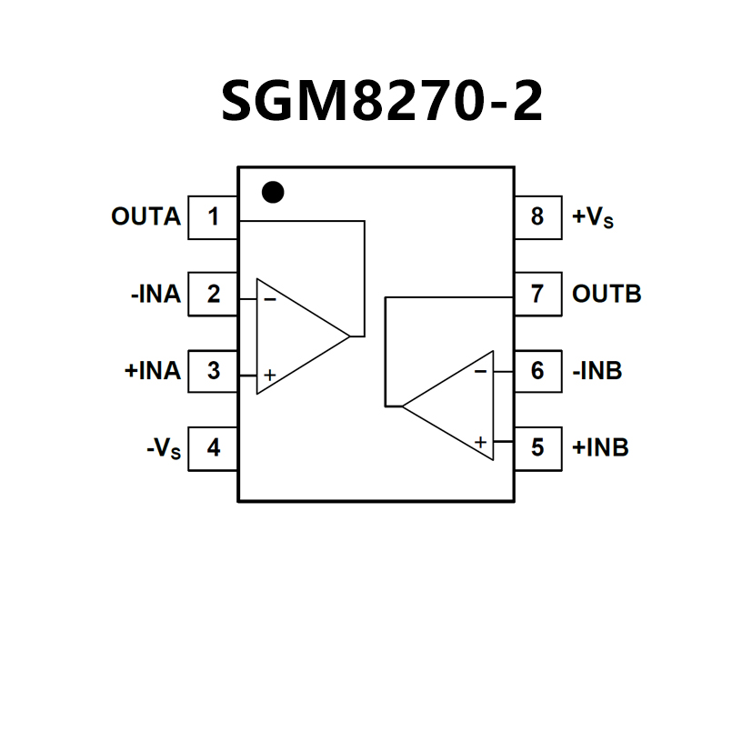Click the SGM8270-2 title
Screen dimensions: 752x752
(x=382, y=101)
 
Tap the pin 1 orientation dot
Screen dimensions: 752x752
(x=272, y=192)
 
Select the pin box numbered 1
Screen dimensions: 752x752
(x=213, y=217)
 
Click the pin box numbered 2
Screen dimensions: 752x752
(x=213, y=295)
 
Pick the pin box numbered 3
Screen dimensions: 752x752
(x=213, y=371)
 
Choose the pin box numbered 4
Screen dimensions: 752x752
(x=213, y=448)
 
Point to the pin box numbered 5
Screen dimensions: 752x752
(x=537, y=448)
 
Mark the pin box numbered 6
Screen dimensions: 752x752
(x=537, y=371)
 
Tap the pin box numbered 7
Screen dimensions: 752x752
(x=537, y=295)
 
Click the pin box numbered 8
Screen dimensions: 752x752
(x=537, y=217)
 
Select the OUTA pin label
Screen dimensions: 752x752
(x=145, y=217)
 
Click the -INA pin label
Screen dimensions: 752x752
(x=155, y=295)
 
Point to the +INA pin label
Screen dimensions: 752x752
(x=152, y=371)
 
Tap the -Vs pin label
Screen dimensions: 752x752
(x=163, y=449)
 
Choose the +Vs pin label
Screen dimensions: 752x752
(x=593, y=218)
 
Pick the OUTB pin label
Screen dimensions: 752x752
(x=607, y=295)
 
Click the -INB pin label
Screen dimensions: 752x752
(x=597, y=371)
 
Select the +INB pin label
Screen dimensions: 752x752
(x=600, y=448)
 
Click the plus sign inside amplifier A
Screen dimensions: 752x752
(x=270, y=375)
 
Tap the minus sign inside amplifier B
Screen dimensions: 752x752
(x=480, y=371)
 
